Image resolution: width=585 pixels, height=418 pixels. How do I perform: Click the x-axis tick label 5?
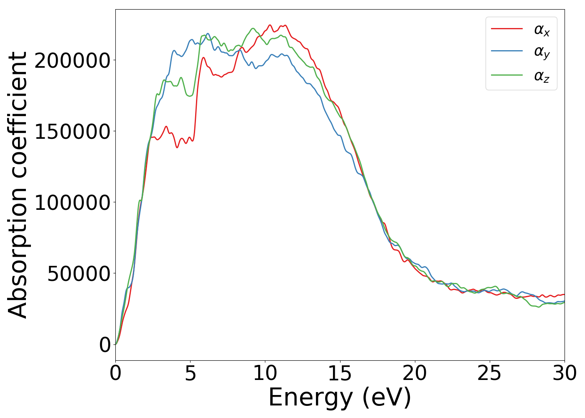[190, 374]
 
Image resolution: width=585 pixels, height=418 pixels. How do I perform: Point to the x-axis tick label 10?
[265, 374]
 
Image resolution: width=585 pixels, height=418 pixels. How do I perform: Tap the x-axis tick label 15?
[340, 374]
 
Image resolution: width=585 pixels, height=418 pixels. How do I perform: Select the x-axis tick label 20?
[415, 374]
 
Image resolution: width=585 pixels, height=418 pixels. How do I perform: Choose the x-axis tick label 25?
[489, 374]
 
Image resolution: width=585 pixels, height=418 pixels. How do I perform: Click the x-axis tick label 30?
[564, 374]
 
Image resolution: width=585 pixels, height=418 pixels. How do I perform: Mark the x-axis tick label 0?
[115, 374]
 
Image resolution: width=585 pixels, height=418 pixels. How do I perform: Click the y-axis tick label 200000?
[72, 61]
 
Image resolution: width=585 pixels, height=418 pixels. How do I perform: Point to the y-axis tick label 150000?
[72, 132]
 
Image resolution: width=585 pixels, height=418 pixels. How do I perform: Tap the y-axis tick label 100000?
[72, 203]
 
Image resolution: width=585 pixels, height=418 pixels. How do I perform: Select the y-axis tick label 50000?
[79, 274]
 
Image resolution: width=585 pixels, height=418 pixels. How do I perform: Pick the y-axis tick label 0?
[105, 345]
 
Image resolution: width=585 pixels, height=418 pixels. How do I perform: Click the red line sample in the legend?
[506, 29]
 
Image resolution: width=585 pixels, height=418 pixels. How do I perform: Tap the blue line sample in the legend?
[506, 51]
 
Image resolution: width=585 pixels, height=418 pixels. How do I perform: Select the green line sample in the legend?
[506, 75]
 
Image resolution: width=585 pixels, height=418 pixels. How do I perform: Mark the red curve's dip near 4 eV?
[177, 147]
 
